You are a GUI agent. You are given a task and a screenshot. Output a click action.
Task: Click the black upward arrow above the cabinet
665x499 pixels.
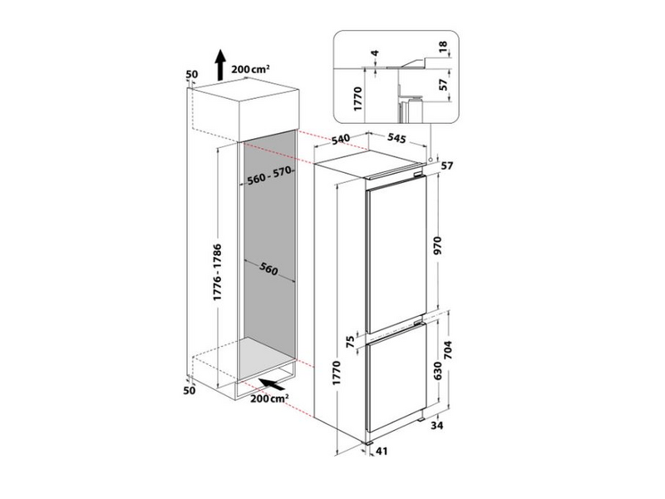[x=220, y=64]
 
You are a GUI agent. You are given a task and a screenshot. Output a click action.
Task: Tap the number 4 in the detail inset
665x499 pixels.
[x=376, y=57]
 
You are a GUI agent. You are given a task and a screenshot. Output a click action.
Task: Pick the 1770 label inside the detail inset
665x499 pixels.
[x=358, y=98]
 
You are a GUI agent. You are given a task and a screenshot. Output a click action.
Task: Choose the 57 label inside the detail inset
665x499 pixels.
[x=443, y=83]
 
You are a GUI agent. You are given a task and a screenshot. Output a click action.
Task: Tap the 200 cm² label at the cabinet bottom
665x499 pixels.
[x=268, y=400]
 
